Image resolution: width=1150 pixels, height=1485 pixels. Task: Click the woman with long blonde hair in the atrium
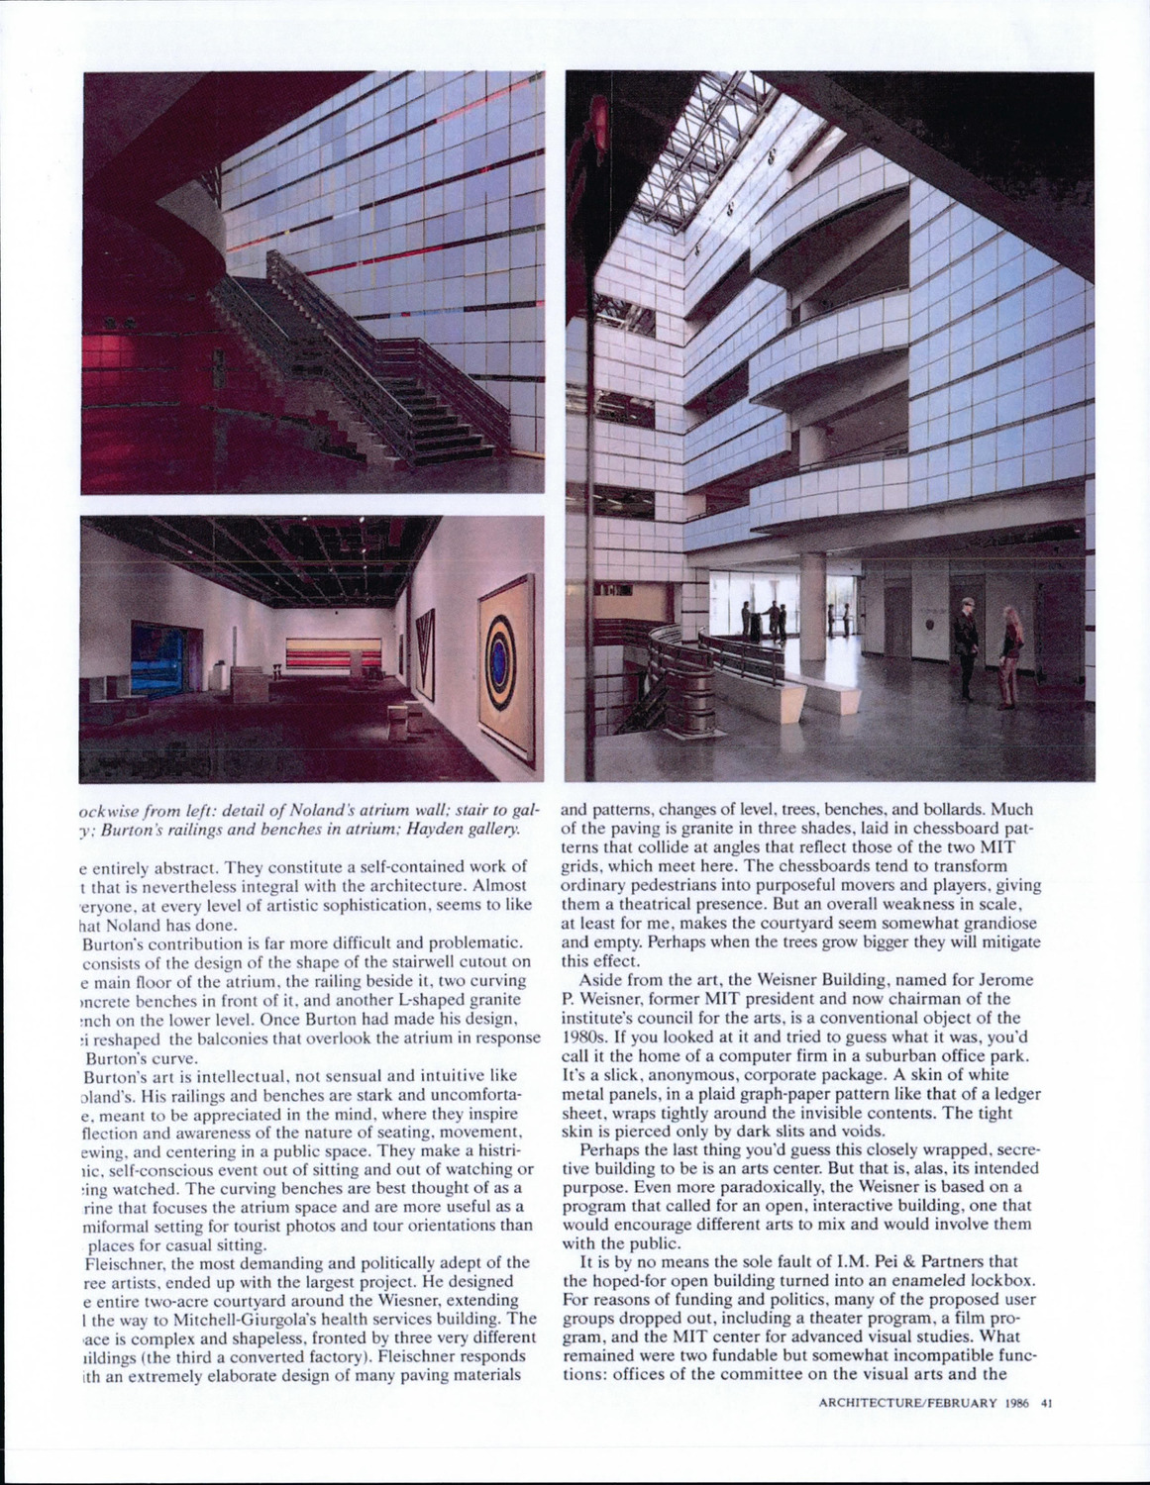pos(1008,654)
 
